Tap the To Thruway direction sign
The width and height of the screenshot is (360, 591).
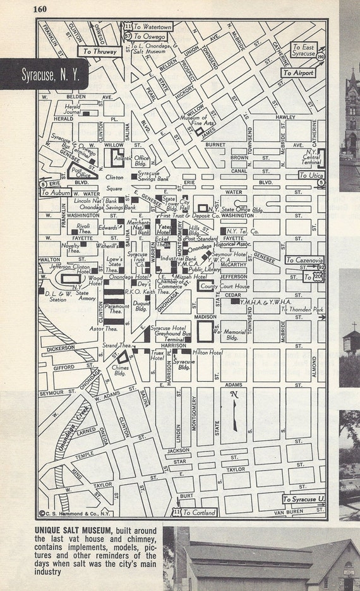[97, 52]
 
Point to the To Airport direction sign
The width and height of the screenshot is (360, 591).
[297, 73]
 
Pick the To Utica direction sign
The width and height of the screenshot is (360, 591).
[311, 175]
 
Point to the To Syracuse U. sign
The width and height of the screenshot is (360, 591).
[304, 499]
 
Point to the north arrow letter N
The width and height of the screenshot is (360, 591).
[235, 394]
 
